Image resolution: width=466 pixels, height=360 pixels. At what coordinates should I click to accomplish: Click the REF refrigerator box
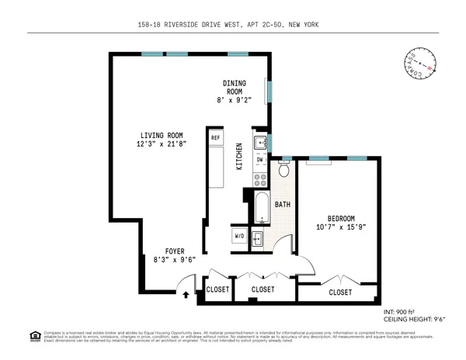215,138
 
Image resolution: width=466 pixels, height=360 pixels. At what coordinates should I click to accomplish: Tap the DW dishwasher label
260,160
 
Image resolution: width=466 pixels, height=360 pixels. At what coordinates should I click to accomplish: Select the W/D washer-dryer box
239,237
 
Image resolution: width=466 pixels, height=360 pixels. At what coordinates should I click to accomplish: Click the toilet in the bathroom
284,168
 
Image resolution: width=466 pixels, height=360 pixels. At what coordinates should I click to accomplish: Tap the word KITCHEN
239,157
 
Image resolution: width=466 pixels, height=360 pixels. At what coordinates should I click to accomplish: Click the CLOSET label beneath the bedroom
339,292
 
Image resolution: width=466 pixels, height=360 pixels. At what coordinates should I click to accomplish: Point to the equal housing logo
34,337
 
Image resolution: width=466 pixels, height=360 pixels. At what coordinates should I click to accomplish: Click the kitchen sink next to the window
260,143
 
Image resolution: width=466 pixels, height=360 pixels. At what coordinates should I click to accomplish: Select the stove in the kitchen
259,179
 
